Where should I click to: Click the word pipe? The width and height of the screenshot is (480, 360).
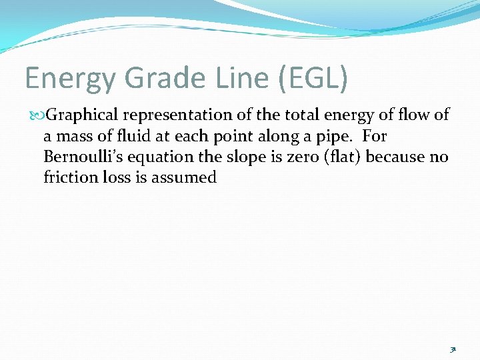[338, 137]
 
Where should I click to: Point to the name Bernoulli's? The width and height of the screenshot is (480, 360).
[81, 157]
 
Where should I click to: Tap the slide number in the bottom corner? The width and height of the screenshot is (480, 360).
[453, 349]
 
